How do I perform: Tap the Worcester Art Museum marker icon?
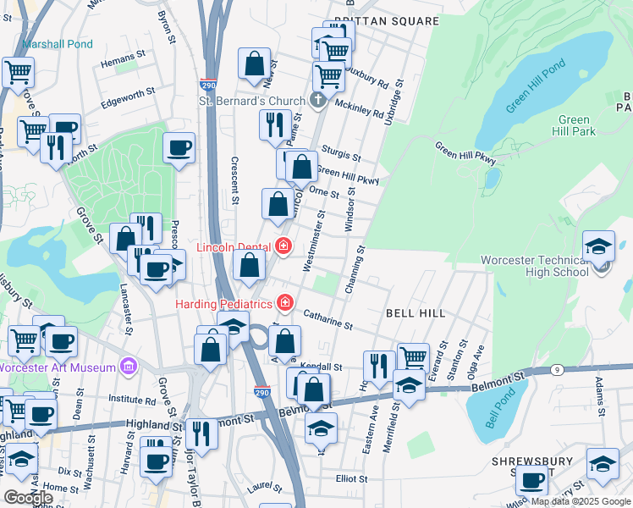point(128,367)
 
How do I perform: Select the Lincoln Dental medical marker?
point(283,247)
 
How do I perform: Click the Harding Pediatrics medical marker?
point(285,302)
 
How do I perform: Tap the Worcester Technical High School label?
point(534,266)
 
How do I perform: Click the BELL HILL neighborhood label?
point(416,313)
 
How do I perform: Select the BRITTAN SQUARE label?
point(375,20)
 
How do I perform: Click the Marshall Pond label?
point(58,44)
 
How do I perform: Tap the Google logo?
point(28,498)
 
